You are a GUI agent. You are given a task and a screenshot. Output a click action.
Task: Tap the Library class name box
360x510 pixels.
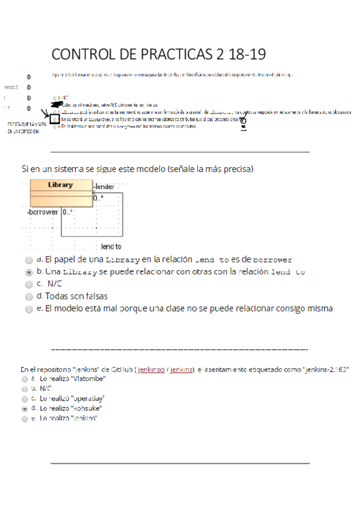(x=61, y=185)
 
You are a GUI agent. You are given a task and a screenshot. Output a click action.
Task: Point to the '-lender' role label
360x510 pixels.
(x=103, y=187)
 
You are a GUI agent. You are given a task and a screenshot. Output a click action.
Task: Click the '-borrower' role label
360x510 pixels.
(x=42, y=212)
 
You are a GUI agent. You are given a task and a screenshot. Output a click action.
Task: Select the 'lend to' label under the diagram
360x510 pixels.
(x=111, y=247)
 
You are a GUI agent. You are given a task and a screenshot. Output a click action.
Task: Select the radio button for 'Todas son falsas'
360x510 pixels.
(x=29, y=296)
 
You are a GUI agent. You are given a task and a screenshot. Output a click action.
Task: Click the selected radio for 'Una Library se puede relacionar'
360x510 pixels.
(x=29, y=272)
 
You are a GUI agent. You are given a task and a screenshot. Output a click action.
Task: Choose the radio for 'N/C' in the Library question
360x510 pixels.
(x=29, y=284)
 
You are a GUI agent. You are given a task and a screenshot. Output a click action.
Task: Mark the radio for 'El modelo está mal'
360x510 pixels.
(x=29, y=309)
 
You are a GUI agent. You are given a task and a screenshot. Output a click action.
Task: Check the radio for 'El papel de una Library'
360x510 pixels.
(x=29, y=260)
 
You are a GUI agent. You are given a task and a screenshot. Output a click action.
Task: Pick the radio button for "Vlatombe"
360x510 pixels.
(x=24, y=380)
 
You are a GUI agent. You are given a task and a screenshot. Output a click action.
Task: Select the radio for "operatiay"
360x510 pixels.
(x=24, y=399)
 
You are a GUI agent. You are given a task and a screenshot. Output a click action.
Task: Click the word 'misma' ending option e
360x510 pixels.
(x=319, y=309)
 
